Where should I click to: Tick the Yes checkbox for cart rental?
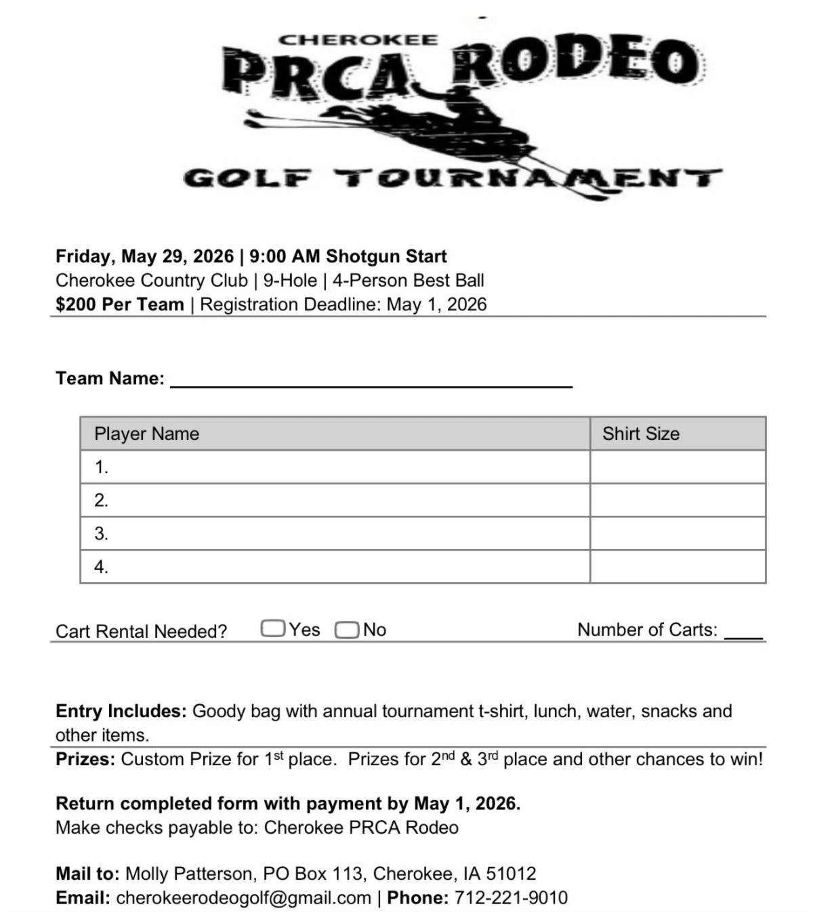pyautogui.click(x=272, y=629)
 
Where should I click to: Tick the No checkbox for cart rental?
pyautogui.click(x=346, y=630)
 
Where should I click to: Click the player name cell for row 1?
pyautogui.click(x=335, y=467)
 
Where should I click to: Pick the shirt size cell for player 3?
pyautogui.click(x=677, y=533)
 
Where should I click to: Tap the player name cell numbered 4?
pyautogui.click(x=335, y=567)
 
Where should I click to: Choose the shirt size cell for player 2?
pyautogui.click(x=677, y=500)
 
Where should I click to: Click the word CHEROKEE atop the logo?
pyautogui.click(x=358, y=40)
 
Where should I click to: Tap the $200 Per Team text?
pyautogui.click(x=120, y=304)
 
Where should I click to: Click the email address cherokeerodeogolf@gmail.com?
pyautogui.click(x=244, y=897)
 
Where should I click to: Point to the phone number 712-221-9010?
pyautogui.click(x=511, y=897)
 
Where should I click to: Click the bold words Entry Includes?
pyautogui.click(x=121, y=711)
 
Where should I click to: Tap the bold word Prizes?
pyautogui.click(x=85, y=759)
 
